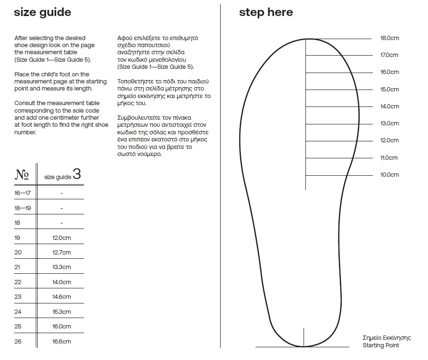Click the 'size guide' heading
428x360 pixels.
(42, 12)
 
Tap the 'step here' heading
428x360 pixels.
(266, 12)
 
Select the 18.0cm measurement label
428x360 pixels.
(389, 38)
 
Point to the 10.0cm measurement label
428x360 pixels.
(389, 175)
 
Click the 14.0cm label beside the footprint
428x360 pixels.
(389, 106)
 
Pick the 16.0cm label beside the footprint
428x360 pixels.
(389, 72)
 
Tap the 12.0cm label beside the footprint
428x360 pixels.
(389, 140)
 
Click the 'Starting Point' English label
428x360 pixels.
(380, 345)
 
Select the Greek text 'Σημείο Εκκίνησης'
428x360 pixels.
(387, 338)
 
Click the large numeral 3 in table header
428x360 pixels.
(77, 174)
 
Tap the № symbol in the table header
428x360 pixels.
(22, 175)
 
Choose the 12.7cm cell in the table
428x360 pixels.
(61, 253)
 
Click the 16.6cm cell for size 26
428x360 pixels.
(61, 342)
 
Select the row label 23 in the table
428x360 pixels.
(18, 297)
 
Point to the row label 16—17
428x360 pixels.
(22, 193)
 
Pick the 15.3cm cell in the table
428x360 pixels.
(61, 312)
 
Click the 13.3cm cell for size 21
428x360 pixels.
(61, 267)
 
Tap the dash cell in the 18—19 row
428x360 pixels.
(61, 208)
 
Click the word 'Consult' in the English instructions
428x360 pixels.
(25, 103)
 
